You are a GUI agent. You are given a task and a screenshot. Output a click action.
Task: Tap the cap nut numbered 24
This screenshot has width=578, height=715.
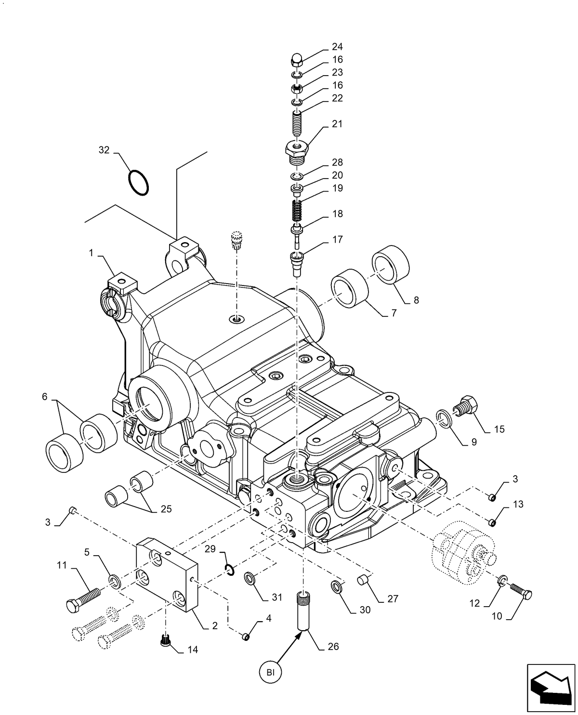296,60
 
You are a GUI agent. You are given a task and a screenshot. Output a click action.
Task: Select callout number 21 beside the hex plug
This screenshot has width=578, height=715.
337,124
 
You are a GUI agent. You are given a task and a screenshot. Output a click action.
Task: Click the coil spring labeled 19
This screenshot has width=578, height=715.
297,210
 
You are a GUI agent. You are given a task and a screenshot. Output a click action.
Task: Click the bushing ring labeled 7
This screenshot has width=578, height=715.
350,288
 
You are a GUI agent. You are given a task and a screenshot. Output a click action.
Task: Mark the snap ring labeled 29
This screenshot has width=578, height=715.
230,570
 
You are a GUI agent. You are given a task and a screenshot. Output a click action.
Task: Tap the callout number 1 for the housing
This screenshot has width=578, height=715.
91,253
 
